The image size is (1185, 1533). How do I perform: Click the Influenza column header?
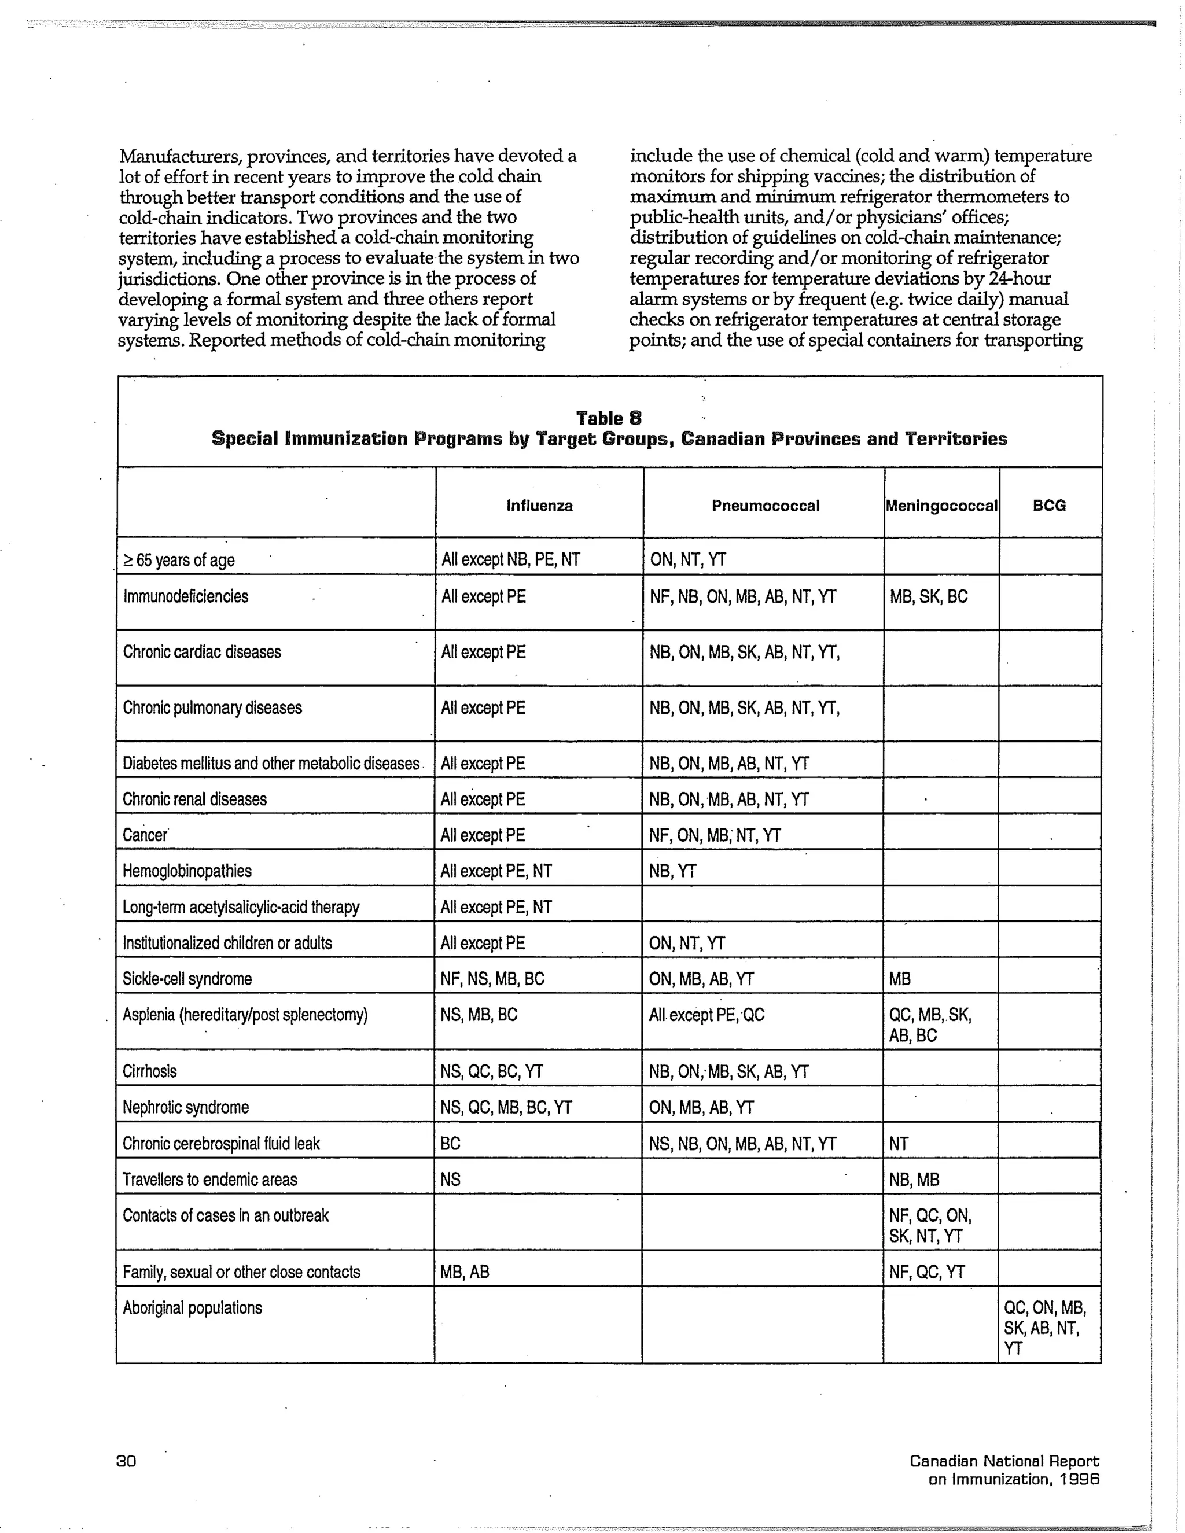(539, 506)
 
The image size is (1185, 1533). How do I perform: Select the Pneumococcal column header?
(765, 506)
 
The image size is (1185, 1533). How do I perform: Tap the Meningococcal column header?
(941, 506)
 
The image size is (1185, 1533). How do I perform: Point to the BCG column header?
(1050, 506)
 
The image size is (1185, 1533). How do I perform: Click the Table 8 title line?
(609, 418)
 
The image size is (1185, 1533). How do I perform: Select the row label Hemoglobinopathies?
(187, 871)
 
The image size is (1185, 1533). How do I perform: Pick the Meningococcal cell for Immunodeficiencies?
(929, 596)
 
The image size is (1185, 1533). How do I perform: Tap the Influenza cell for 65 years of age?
(510, 559)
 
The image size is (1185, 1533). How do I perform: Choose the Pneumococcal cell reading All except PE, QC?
(706, 1015)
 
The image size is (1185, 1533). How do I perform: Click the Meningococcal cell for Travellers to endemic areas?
(914, 1180)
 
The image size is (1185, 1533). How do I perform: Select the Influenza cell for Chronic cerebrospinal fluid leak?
(450, 1144)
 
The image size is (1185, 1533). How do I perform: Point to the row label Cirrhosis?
(149, 1071)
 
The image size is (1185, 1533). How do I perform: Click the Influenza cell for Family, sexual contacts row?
(464, 1272)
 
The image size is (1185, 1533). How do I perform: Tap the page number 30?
(126, 1461)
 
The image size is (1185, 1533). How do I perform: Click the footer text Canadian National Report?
(1004, 1461)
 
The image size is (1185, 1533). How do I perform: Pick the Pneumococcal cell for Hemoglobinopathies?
(672, 871)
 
